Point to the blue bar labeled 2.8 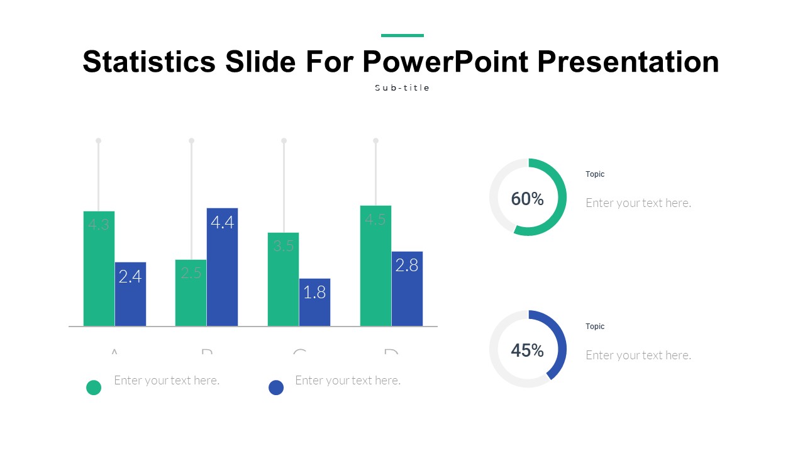click(407, 289)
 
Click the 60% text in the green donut click(527, 199)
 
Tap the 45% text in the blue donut click(527, 350)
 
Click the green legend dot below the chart click(94, 388)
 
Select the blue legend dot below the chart click(276, 388)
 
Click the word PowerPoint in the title click(445, 62)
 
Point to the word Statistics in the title click(149, 62)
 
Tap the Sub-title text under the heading click(402, 88)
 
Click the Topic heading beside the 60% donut click(595, 174)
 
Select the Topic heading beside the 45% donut click(595, 327)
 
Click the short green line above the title click(402, 35)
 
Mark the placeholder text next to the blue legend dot click(348, 381)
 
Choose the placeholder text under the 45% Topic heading click(638, 355)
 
